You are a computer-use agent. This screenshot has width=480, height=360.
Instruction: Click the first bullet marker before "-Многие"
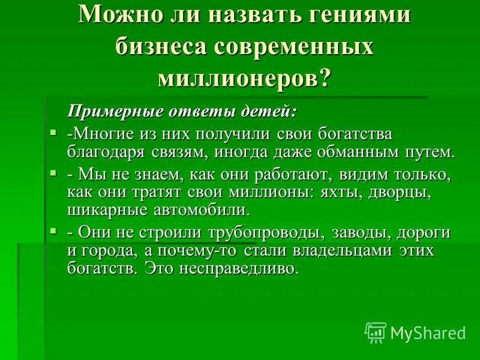53,131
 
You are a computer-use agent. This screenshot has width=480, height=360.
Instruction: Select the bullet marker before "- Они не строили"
53,230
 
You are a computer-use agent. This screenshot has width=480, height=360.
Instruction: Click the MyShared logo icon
376,332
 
